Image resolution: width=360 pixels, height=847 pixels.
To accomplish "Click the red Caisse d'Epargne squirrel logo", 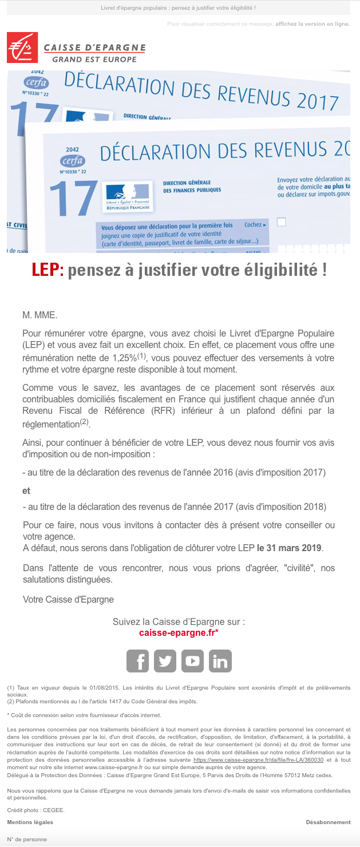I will coord(22,48).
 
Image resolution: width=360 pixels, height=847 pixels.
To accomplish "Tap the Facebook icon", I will coord(137,661).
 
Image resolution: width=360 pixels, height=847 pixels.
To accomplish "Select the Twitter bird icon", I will coord(165,661).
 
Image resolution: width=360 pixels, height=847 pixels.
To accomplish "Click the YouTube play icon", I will coord(192,661).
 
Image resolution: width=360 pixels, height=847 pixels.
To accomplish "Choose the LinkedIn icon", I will coord(220,661).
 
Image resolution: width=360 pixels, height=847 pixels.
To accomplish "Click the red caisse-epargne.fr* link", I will coord(179,633).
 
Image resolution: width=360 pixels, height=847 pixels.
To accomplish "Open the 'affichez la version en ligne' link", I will coord(312,24).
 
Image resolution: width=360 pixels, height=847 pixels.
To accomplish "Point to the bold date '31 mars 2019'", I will coord(290,548).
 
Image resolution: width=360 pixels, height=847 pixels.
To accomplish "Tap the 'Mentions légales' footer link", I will coord(30,822).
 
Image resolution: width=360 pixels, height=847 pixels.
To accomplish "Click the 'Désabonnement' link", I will coord(328,822).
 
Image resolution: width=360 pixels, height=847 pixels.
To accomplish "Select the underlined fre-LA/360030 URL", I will coord(259,759).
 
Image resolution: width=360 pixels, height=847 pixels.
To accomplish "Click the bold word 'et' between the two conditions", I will coord(26,491).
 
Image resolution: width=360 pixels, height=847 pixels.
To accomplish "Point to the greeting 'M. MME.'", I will coord(40,315).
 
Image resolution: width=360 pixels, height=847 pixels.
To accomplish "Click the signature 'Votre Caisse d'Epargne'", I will coord(68,599).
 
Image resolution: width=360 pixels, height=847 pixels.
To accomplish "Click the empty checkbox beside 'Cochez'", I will coord(281,222).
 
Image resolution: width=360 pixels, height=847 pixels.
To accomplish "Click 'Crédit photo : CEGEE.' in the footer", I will coord(35,810).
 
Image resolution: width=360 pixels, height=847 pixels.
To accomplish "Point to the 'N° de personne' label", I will coord(27,839).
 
